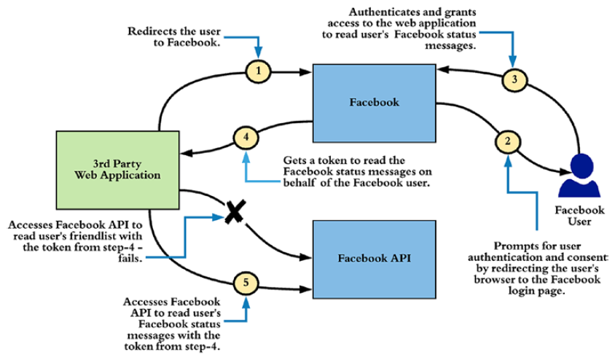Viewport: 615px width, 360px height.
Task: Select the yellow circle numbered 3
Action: (514, 81)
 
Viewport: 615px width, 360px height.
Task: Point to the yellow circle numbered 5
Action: (245, 282)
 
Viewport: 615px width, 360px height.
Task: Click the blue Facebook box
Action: (373, 102)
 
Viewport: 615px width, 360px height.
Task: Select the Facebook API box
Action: (373, 257)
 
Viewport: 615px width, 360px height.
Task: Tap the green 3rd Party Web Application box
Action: (117, 168)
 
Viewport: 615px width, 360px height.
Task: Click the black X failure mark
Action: (233, 214)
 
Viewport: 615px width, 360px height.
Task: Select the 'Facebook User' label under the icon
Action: (580, 216)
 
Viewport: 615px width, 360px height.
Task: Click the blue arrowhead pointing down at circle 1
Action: (259, 55)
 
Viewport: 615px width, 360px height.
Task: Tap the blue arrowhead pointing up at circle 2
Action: (507, 157)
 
